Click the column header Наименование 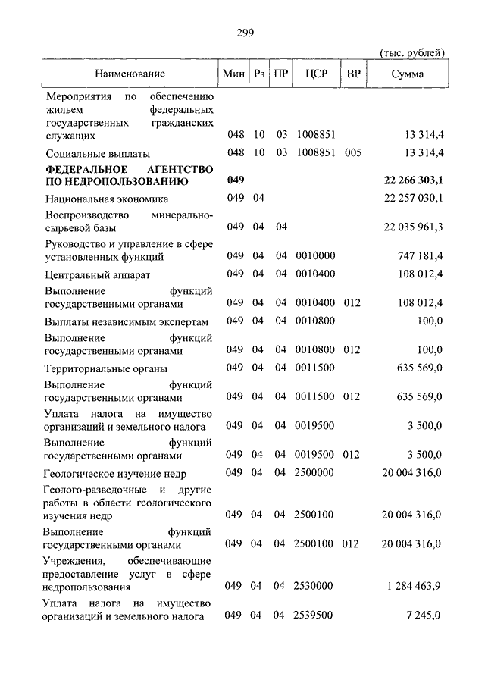(x=130, y=74)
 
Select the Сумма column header (x=408, y=74)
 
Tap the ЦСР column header (x=315, y=74)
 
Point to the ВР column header (x=353, y=74)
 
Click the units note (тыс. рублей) (x=411, y=52)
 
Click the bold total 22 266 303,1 (x=413, y=182)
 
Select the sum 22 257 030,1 (x=413, y=199)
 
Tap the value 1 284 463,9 (x=415, y=587)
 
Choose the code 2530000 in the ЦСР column (x=314, y=587)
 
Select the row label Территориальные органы (x=106, y=368)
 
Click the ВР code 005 (x=352, y=153)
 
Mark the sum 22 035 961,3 (x=413, y=227)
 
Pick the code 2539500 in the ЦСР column (x=314, y=617)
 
